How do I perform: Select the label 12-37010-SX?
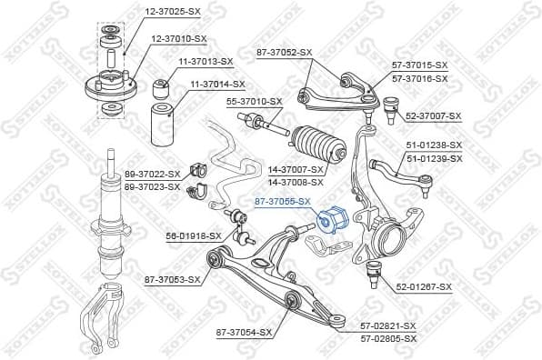coord(179,38)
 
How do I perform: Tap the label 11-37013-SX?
coord(206,61)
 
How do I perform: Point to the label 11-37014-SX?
coord(219,85)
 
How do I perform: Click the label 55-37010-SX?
coord(255,101)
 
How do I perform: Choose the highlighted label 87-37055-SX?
coord(283,202)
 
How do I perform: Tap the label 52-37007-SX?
coord(434,117)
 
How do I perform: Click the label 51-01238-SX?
coord(434,145)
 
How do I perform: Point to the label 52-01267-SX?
coord(424,287)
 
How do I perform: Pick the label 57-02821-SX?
coord(387,325)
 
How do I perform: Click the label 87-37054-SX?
coord(244,333)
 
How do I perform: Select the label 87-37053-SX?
coord(172,279)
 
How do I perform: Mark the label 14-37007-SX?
coord(296,170)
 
